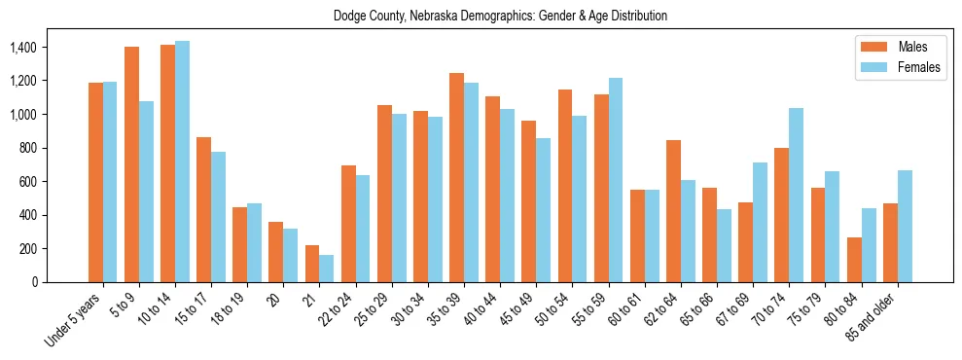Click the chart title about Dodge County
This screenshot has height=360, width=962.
500,17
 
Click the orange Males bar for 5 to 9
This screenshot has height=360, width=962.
131,164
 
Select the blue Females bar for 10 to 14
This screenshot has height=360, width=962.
183,162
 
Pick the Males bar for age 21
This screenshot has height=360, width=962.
312,264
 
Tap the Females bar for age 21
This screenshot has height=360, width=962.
327,269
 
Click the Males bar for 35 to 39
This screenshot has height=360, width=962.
456,177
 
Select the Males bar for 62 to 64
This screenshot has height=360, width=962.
673,211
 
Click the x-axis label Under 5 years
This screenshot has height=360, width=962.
74,319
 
